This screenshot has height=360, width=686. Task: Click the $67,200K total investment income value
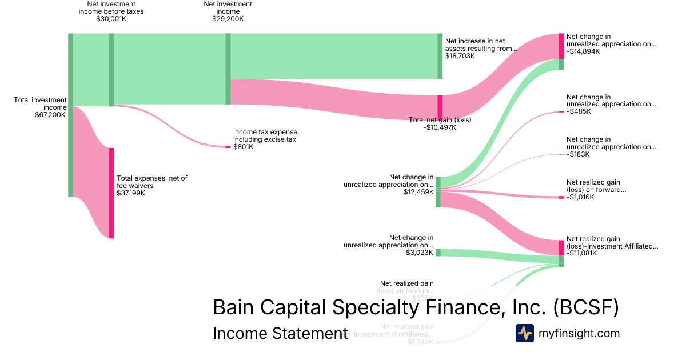click(x=50, y=114)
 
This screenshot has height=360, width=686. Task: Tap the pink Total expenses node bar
click(x=111, y=193)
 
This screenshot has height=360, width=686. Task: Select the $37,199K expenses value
click(x=131, y=193)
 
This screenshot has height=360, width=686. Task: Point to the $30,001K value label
click(x=111, y=19)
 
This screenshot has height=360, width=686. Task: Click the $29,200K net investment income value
click(x=228, y=19)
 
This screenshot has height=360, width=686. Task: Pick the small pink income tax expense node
click(x=228, y=147)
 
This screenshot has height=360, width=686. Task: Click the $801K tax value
click(x=243, y=147)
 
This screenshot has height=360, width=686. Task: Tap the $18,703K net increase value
click(x=460, y=57)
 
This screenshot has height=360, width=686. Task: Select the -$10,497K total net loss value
click(x=440, y=127)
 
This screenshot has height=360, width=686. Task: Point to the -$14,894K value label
click(x=583, y=51)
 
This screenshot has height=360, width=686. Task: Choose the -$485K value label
click(x=579, y=111)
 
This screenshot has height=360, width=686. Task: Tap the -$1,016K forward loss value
click(x=580, y=197)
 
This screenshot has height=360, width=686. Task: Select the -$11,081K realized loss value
click(x=581, y=253)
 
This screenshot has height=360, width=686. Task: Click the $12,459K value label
click(x=418, y=192)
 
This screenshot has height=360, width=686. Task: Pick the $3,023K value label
click(x=420, y=253)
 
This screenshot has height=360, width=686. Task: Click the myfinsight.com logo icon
click(x=525, y=333)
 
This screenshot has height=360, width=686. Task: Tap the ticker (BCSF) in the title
click(x=585, y=307)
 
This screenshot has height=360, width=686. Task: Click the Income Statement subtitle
click(x=280, y=333)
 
